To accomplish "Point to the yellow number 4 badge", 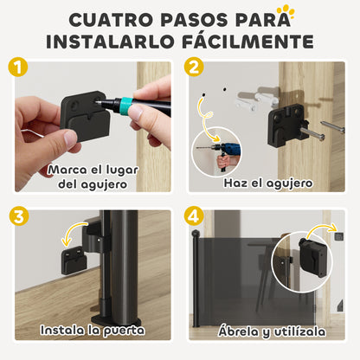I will point(193,217).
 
